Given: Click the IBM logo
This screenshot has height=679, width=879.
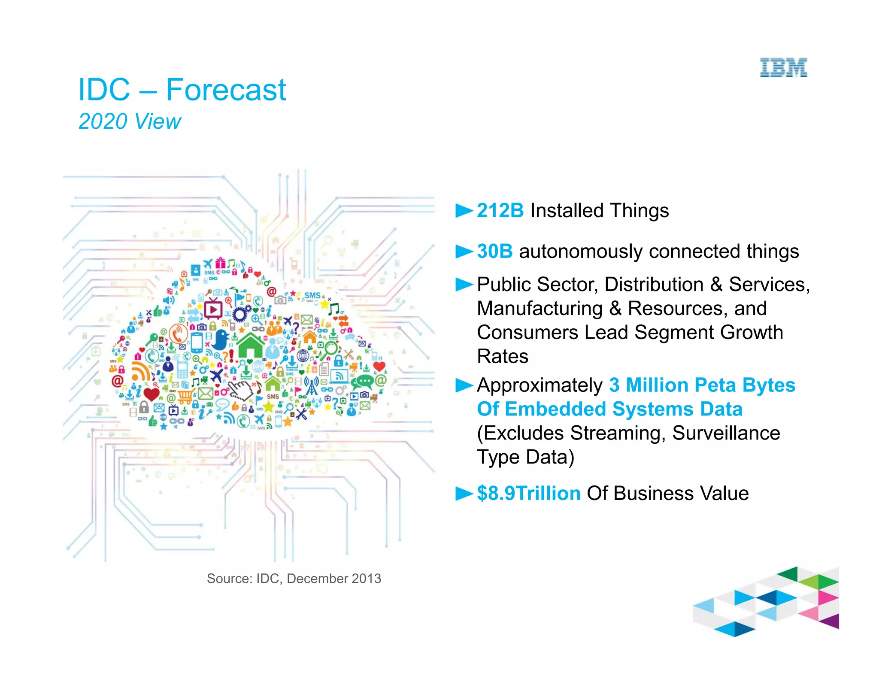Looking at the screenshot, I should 783,68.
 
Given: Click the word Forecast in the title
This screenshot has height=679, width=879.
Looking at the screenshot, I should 226,90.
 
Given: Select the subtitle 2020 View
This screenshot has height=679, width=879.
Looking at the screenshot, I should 130,121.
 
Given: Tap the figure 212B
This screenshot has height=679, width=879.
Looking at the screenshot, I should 500,211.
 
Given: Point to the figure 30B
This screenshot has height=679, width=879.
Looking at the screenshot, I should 494,252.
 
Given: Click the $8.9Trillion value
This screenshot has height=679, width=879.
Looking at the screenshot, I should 528,494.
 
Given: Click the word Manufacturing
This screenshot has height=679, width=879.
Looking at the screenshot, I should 540,309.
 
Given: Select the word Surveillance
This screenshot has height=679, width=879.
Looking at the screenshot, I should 726,433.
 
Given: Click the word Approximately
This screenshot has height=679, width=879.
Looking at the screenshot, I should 540,385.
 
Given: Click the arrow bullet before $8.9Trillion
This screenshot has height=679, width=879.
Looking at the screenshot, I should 464,494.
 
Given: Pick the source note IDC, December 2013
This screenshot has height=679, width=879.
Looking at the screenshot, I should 294,579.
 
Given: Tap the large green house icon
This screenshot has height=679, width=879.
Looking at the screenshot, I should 251,346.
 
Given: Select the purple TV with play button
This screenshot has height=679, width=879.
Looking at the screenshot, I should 213,309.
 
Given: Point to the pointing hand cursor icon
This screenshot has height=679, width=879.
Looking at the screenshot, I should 242,389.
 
